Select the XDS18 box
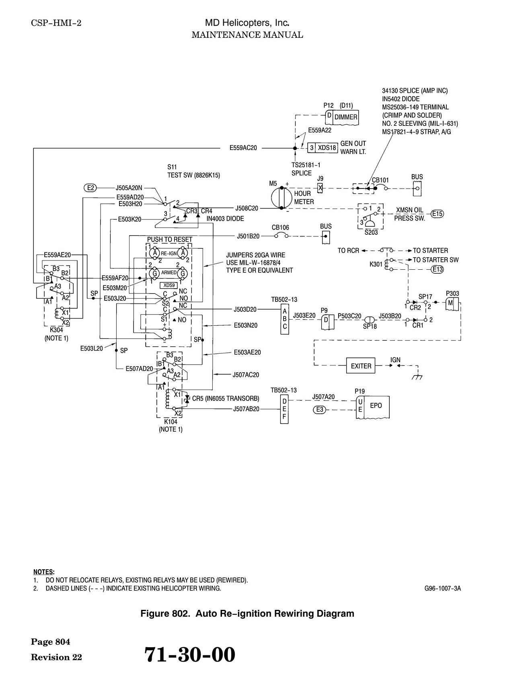coord(327,148)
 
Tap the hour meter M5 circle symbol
coord(281,197)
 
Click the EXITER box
coord(361,366)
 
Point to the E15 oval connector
coord(438,213)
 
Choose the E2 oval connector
coord(91,187)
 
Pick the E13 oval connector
coord(437,269)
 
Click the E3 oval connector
coord(320,410)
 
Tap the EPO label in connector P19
coord(376,405)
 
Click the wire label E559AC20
coord(243,148)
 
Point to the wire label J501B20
coord(248,236)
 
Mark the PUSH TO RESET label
coord(170,240)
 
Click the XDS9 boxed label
coord(169,285)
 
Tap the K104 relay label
coord(171,422)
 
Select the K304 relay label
coord(56,330)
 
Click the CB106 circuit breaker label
coord(280,228)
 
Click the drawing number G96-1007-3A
coord(443,589)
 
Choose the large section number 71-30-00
coord(190,654)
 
